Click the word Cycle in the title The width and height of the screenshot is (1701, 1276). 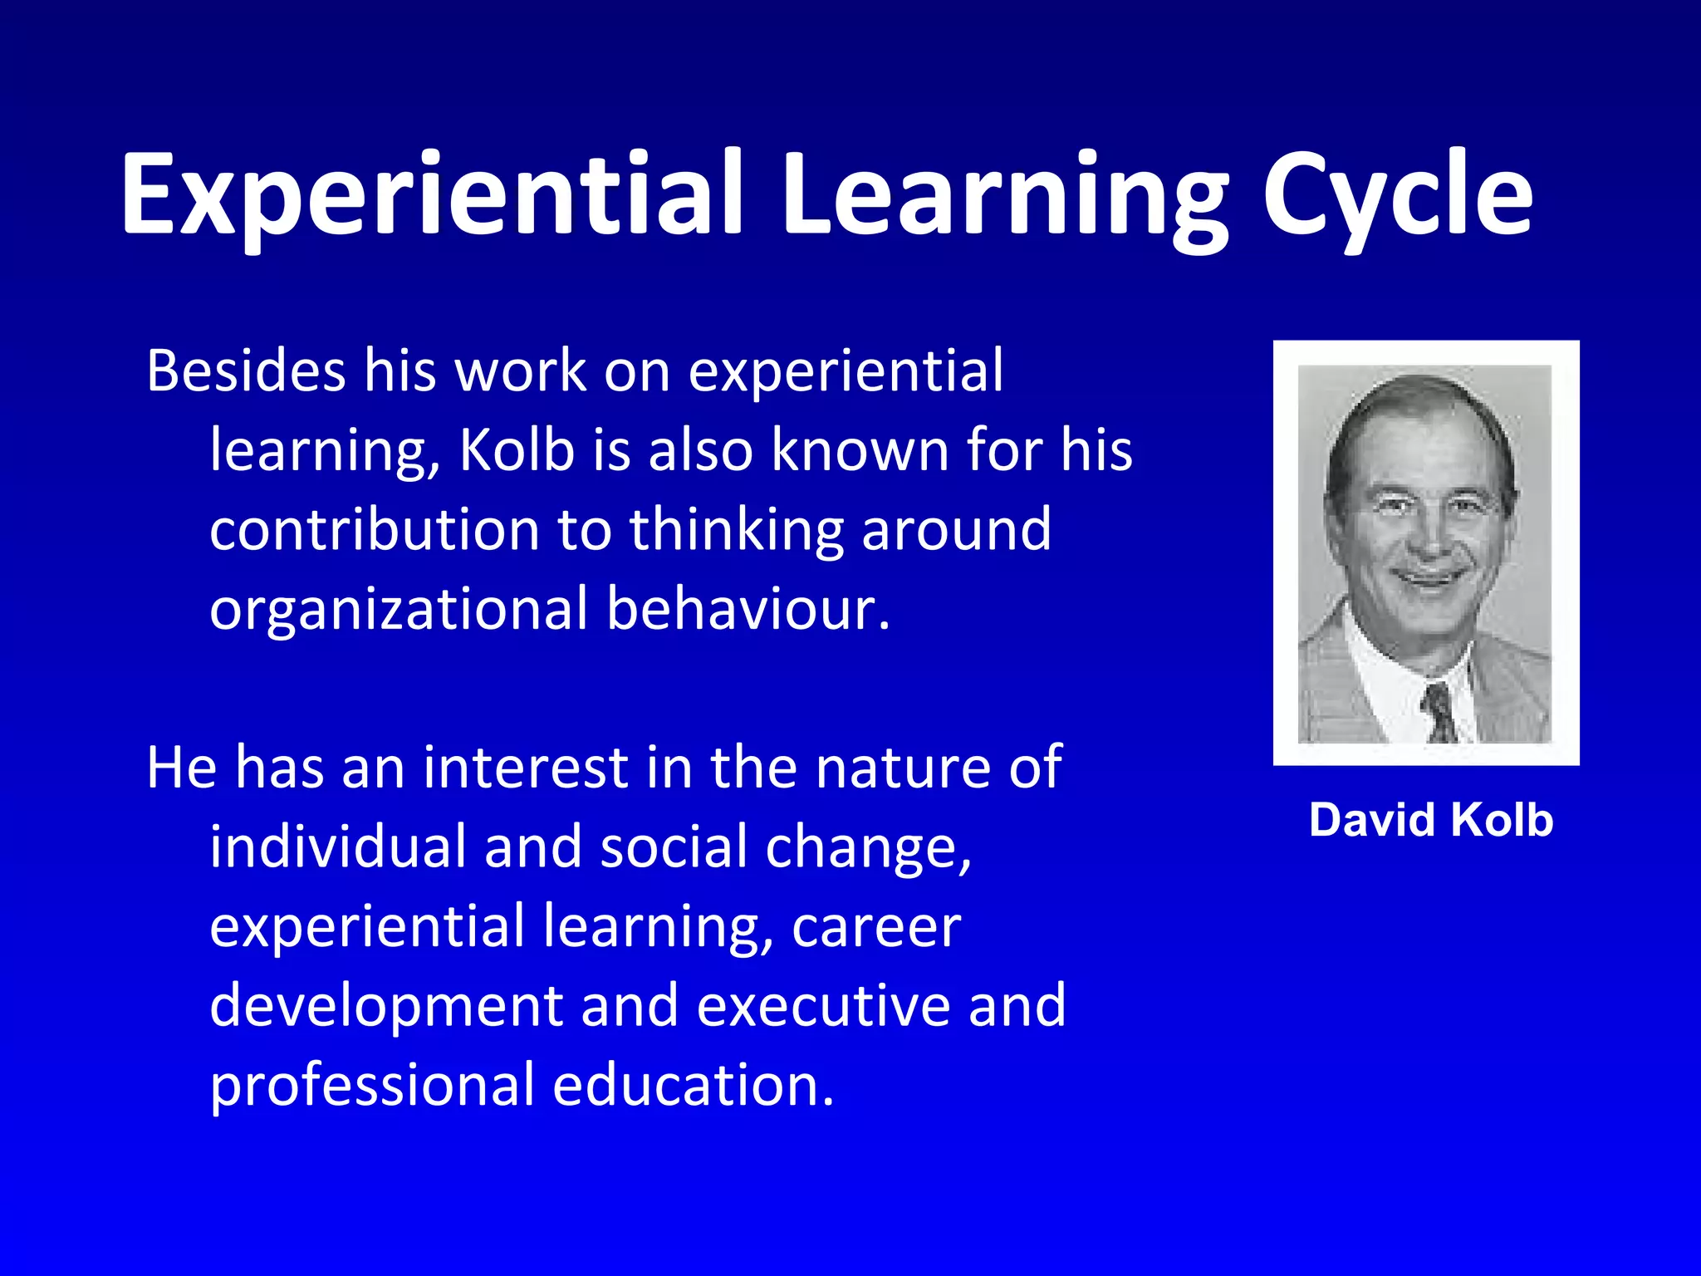pos(1397,195)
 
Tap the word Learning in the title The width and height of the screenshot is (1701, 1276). pos(1003,195)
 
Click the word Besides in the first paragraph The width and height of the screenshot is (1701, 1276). pos(246,371)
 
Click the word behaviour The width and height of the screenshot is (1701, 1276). pos(748,609)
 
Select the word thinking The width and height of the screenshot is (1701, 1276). pos(737,530)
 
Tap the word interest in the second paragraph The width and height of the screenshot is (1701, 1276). pos(526,767)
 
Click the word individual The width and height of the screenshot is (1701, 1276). pos(339,847)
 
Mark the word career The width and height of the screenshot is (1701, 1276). pos(876,927)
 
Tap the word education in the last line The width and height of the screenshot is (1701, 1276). pos(693,1085)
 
